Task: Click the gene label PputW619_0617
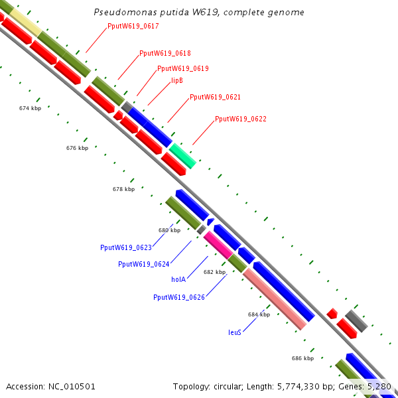pyautogui.click(x=133, y=27)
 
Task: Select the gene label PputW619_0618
pyautogui.click(x=165, y=53)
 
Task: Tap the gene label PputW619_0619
pyautogui.click(x=183, y=68)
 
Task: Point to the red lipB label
pyautogui.click(x=177, y=80)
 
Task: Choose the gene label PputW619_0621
pyautogui.click(x=215, y=97)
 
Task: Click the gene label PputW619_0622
pyautogui.click(x=241, y=119)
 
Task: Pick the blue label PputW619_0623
pyautogui.click(x=126, y=247)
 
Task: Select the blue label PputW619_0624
pyautogui.click(x=144, y=264)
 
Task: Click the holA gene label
pyautogui.click(x=178, y=280)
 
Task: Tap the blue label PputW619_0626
pyautogui.click(x=179, y=297)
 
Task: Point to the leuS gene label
pyautogui.click(x=235, y=332)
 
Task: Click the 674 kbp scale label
pyautogui.click(x=30, y=107)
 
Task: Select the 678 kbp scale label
pyautogui.click(x=123, y=189)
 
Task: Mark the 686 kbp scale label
pyautogui.click(x=302, y=358)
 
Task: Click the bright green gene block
pyautogui.click(x=182, y=155)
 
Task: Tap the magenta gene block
pyautogui.click(x=218, y=244)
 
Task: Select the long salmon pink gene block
pyautogui.click(x=275, y=298)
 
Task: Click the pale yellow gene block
pyautogui.click(x=26, y=23)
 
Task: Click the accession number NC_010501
pyautogui.click(x=51, y=386)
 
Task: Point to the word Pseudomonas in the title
pyautogui.click(x=119, y=12)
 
